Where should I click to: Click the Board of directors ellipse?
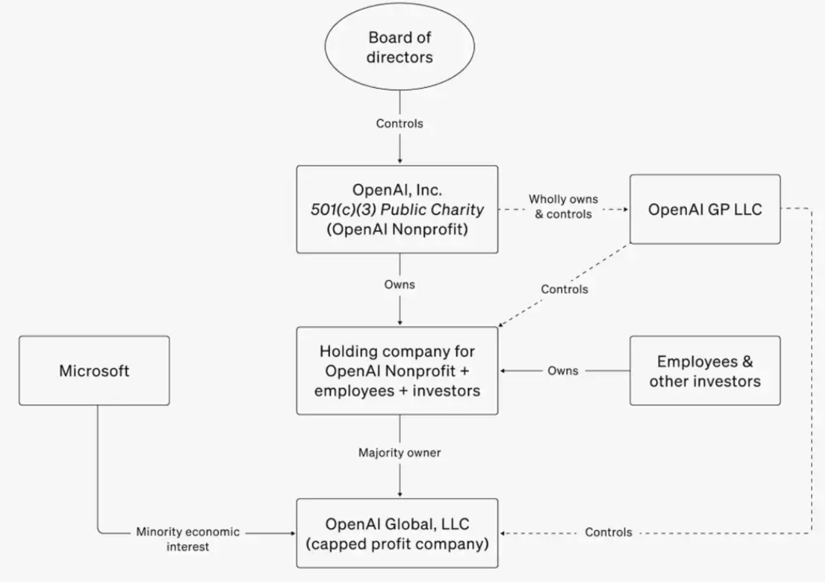(399, 47)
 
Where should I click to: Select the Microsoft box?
(94, 370)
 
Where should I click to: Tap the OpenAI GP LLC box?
(705, 209)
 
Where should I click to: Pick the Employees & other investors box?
(705, 370)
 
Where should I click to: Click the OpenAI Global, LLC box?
(397, 533)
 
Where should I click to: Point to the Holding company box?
(397, 370)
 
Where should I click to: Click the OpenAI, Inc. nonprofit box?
(397, 209)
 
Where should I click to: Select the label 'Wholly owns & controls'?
(563, 206)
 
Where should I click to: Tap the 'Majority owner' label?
(399, 452)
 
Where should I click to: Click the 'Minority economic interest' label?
(187, 539)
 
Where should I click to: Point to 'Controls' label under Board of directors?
(399, 123)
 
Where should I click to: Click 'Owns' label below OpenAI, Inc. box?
(399, 284)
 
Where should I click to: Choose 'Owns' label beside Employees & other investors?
(563, 370)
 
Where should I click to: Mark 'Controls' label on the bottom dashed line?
(608, 532)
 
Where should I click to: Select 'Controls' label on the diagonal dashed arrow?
(564, 289)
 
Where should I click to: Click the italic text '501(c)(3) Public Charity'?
(397, 210)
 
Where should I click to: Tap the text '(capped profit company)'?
(397, 543)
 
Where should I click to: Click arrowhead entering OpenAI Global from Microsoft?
(293, 533)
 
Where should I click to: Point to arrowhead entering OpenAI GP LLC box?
(626, 209)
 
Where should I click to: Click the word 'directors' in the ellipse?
(399, 57)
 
